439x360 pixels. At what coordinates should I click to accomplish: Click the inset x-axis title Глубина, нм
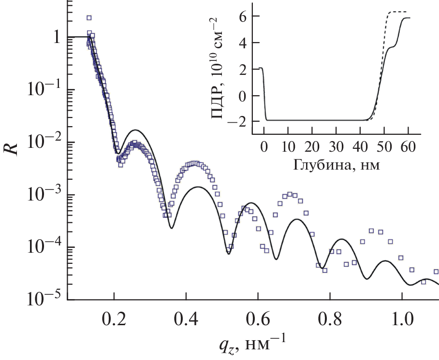click(336, 166)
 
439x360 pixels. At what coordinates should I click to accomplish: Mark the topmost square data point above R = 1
click(89, 18)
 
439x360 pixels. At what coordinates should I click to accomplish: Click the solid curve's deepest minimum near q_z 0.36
click(172, 228)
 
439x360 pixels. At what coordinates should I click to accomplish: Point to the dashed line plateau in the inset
click(399, 12)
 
